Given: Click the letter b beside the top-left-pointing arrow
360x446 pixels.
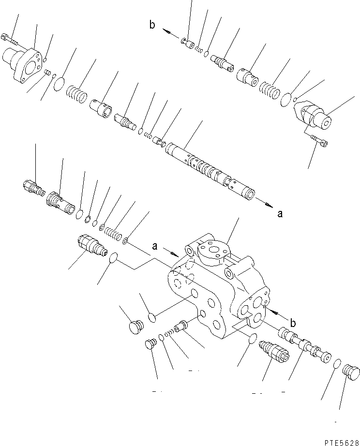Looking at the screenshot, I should [x=152, y=26].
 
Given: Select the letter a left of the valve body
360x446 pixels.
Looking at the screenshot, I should [x=155, y=246].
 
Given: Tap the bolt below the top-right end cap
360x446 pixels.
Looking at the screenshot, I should [x=318, y=140].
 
